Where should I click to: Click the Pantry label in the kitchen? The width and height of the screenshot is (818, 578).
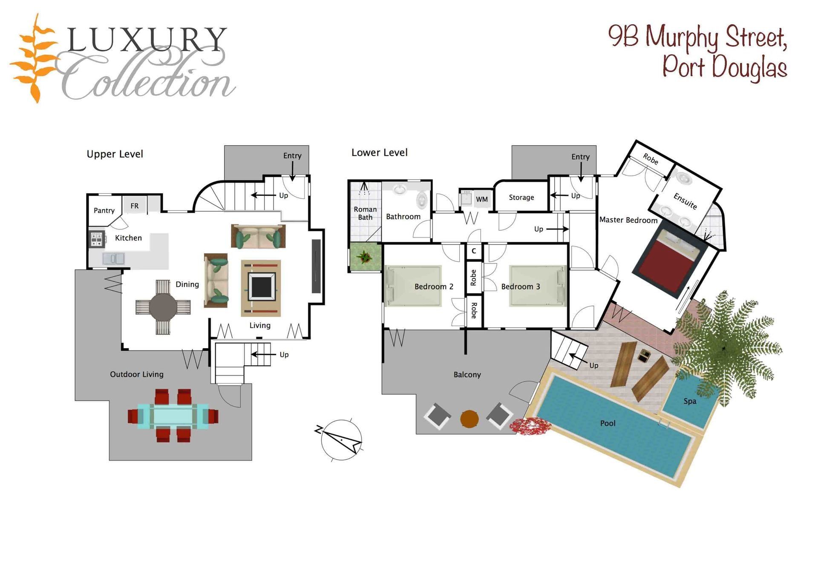(104, 211)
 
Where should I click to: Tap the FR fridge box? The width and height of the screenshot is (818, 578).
(135, 206)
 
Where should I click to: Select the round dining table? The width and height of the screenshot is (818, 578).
(163, 307)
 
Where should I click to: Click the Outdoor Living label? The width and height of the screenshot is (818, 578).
(137, 375)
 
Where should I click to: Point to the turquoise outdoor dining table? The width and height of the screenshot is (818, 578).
(173, 416)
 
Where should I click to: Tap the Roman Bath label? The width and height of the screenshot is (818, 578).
(365, 213)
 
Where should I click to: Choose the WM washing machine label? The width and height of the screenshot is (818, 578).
(482, 199)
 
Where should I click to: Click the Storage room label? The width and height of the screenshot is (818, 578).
(521, 197)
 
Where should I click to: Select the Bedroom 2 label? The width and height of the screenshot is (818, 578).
(434, 287)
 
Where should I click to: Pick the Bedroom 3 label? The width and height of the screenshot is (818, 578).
(521, 287)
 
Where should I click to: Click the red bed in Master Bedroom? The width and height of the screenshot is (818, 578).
(668, 263)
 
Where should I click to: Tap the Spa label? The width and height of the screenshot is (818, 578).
(690, 401)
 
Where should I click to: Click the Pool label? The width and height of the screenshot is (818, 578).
(608, 423)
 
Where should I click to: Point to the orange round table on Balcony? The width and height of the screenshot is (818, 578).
(469, 419)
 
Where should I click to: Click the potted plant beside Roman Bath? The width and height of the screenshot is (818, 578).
(365, 257)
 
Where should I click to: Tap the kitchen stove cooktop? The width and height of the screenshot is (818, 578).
(97, 239)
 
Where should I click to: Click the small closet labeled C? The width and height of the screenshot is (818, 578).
(474, 251)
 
